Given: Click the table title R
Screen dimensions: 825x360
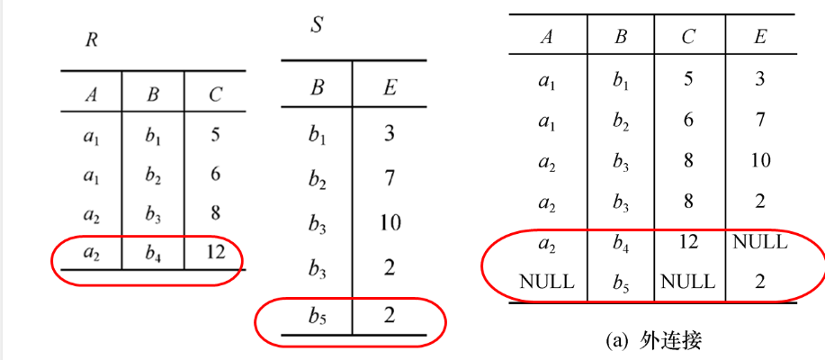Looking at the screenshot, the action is point(92,40).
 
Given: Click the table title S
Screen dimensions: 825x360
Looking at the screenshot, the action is point(317,25).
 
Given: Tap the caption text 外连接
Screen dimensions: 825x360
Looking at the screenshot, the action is point(671,339).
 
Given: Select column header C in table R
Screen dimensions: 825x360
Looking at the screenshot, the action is point(215,94).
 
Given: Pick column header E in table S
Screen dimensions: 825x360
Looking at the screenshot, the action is point(389,88).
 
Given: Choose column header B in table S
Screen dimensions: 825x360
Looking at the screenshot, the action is point(317,88).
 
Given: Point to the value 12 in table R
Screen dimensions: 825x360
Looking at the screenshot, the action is point(215,253).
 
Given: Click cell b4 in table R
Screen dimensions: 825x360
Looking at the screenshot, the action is point(153,253).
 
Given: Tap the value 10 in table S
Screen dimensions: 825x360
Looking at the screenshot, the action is point(389,222).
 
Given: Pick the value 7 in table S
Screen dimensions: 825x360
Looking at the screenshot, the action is point(389,178).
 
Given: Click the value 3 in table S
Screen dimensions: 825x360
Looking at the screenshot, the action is point(389,134).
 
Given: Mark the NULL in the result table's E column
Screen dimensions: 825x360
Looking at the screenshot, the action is point(759,241).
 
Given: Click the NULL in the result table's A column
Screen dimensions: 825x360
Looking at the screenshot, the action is point(546,281).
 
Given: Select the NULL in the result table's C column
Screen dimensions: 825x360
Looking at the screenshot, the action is point(688,281).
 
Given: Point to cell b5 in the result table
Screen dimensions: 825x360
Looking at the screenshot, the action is point(620,281).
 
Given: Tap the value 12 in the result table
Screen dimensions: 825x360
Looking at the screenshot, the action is point(688,241).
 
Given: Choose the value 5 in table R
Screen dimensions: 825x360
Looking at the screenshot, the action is point(215,134).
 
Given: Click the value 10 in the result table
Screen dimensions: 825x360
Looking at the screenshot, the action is point(759,160).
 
